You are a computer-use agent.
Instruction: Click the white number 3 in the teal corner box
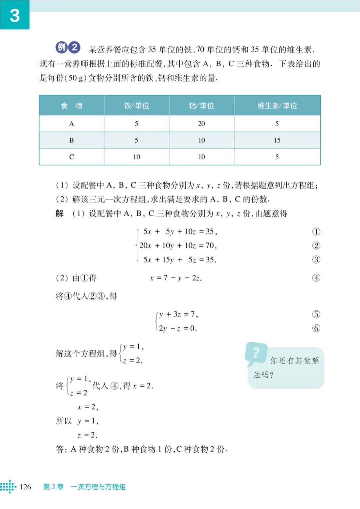[15, 15]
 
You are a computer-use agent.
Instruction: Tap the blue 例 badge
[62, 47]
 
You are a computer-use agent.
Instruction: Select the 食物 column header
[71, 106]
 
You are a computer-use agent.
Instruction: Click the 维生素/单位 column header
[277, 106]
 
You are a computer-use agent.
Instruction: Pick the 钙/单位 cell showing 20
[201, 124]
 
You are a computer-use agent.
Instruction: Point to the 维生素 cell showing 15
[277, 140]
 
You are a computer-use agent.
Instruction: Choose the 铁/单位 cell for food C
[136, 157]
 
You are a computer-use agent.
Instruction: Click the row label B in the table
[71, 140]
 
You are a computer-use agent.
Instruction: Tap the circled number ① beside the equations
[316, 231]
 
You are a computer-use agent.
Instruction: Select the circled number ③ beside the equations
[316, 260]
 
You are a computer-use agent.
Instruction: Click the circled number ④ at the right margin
[316, 278]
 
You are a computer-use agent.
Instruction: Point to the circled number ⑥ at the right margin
[316, 328]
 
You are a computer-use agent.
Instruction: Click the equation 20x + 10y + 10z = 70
[178, 245]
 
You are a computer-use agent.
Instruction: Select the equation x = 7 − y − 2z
[176, 278]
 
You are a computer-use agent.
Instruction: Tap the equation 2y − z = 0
[178, 329]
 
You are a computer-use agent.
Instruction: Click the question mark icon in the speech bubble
[256, 352]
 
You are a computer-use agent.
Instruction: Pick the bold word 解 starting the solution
[60, 213]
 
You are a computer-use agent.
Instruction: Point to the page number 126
[25, 487]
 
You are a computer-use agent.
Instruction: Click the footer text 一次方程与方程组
[98, 487]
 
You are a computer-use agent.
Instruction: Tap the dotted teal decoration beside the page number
[8, 487]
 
